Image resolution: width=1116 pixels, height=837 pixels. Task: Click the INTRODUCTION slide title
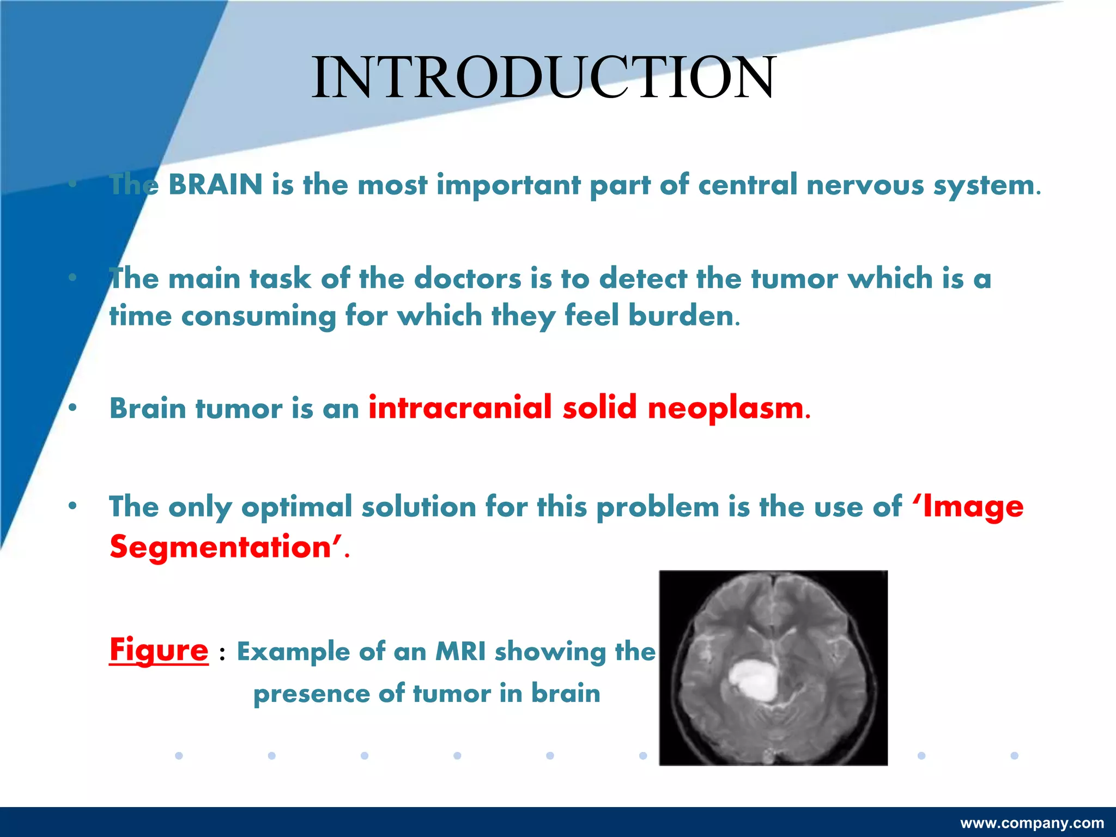click(x=543, y=77)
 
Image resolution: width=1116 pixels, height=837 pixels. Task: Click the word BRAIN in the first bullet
click(x=216, y=184)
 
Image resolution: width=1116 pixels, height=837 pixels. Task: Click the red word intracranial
click(x=460, y=408)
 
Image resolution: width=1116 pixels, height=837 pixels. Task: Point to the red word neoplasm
click(x=725, y=409)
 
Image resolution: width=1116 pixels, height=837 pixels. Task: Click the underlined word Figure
click(x=159, y=650)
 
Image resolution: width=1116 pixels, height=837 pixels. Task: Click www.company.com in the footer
click(x=1032, y=823)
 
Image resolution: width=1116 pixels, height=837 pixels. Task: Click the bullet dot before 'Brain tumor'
click(x=72, y=408)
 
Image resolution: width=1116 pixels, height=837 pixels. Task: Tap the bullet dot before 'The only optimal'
click(x=72, y=506)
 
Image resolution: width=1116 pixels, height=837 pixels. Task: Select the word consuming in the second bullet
click(x=258, y=316)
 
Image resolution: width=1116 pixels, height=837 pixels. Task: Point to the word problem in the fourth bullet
click(x=658, y=507)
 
